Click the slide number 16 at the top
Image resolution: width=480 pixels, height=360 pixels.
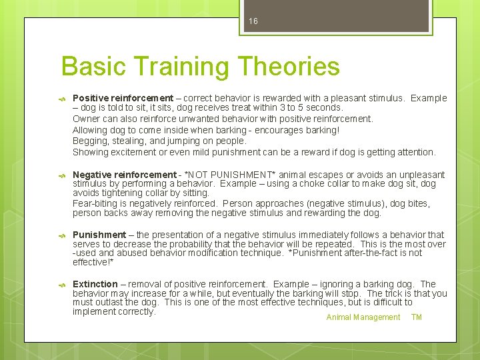point(253,21)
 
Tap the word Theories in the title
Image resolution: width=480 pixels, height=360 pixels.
point(288,67)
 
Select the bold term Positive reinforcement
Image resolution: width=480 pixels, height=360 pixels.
point(123,98)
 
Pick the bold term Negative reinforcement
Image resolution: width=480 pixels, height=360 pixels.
point(124,175)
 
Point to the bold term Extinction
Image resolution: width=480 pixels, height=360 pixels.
point(95,284)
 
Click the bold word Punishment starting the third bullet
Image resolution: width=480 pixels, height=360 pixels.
point(99,235)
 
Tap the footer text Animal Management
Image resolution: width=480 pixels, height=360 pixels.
point(363,317)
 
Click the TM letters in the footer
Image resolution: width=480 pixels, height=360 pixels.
point(417,317)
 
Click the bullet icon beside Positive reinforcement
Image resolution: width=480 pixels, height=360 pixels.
point(62,99)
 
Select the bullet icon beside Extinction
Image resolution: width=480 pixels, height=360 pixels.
point(62,285)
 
